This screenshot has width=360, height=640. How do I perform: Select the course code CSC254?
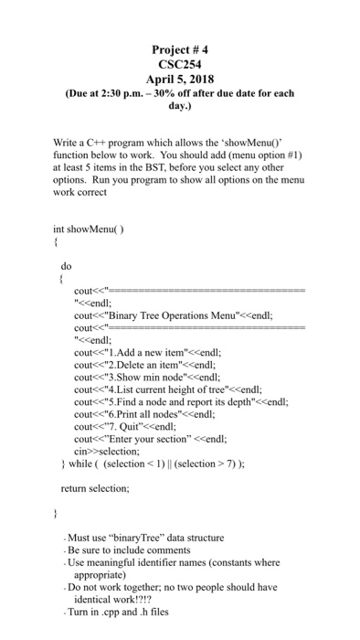180,65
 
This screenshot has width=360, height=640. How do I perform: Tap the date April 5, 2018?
180,80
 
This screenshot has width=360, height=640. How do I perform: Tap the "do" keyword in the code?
67,266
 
